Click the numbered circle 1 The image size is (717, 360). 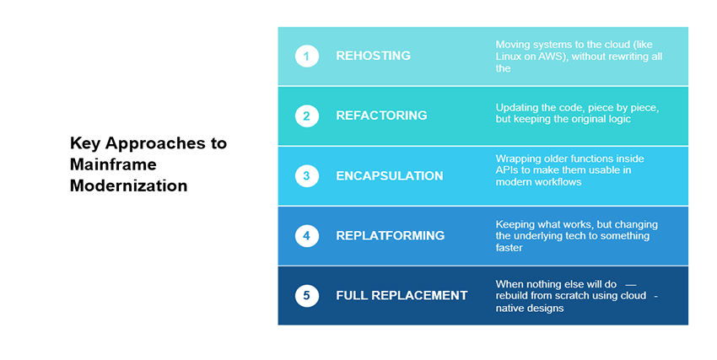tap(307, 56)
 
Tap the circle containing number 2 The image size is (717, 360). tap(307, 116)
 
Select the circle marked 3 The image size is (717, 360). tap(307, 176)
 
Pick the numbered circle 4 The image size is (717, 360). tap(307, 236)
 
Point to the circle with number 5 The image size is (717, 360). tap(307, 296)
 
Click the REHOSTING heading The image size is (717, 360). tap(373, 56)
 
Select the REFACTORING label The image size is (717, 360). tap(381, 116)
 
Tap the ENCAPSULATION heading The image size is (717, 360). tap(390, 176)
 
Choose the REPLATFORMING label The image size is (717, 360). tap(390, 236)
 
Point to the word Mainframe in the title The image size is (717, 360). tap(113, 164)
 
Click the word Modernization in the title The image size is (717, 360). tap(128, 185)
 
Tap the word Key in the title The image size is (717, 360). tap(85, 144)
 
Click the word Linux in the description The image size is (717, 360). tap(508, 56)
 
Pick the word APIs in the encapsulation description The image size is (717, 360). tap(507, 170)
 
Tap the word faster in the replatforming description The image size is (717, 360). tap(509, 248)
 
